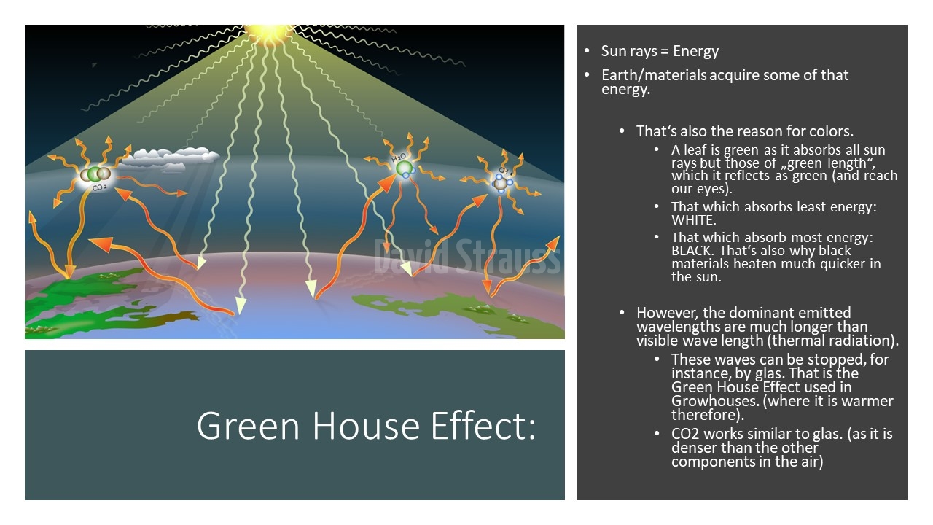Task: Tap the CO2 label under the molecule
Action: (x=100, y=188)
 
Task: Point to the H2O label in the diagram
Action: (x=399, y=157)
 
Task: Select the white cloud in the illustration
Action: (x=170, y=158)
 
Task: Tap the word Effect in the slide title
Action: (x=483, y=426)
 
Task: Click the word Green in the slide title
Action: (x=248, y=426)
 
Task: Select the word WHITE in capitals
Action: (x=693, y=220)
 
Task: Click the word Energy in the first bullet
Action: (x=695, y=51)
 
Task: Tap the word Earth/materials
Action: (x=654, y=75)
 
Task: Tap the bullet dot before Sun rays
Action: (x=587, y=51)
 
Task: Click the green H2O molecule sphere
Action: (x=404, y=168)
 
